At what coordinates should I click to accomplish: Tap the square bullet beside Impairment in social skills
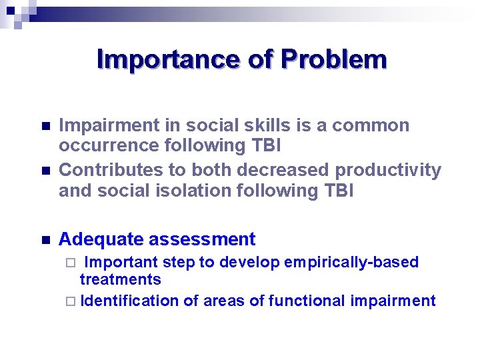pos(45,127)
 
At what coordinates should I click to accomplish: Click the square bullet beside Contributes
pos(45,171)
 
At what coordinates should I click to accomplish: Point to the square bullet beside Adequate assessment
pos(45,240)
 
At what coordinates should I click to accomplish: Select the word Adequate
pos(101,239)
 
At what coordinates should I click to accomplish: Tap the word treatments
pos(121,279)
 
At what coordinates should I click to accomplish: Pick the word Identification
pos(129,301)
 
